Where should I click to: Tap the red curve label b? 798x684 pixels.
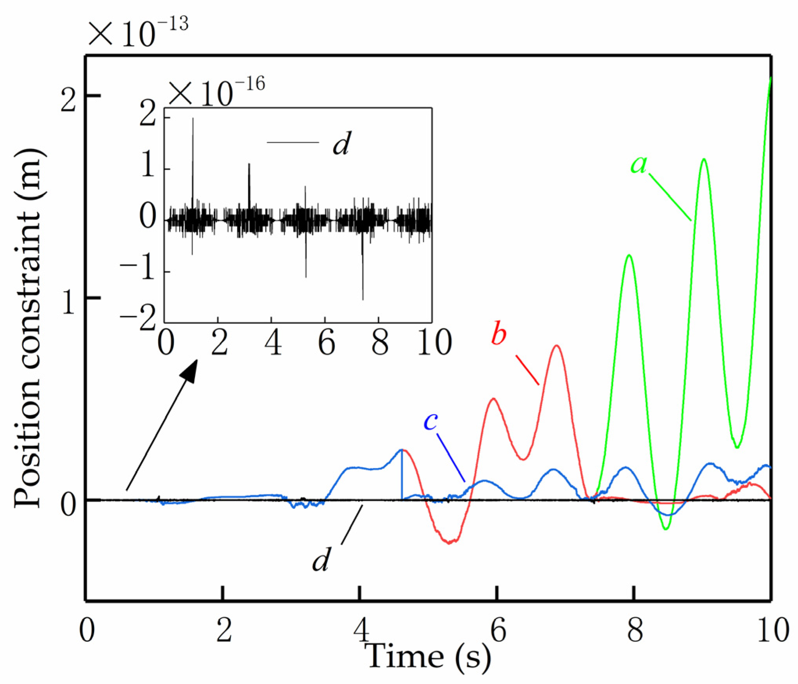499,334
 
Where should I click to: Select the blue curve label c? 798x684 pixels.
430,421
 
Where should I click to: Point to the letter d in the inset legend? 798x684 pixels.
342,144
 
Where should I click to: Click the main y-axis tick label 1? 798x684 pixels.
68,303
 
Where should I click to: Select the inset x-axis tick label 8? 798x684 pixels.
380,343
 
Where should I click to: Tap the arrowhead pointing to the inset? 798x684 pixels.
190,370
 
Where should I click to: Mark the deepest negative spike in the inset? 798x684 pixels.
363,299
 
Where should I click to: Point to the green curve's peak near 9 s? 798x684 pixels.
704,159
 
